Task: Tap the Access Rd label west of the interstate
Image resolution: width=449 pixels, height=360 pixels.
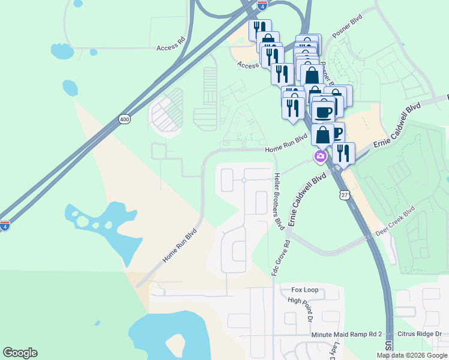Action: [x=170, y=47]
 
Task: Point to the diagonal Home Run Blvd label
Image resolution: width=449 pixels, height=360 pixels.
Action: [x=179, y=245]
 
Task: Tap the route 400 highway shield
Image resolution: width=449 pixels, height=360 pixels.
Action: [x=124, y=119]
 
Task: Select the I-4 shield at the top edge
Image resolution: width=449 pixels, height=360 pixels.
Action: [x=262, y=4]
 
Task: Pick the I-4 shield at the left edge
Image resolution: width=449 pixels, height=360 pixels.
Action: [x=5, y=226]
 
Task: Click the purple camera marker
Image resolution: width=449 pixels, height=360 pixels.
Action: [x=320, y=157]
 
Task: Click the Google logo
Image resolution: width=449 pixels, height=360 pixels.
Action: [x=20, y=353]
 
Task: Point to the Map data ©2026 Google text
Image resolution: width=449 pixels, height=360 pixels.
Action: [x=411, y=355]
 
